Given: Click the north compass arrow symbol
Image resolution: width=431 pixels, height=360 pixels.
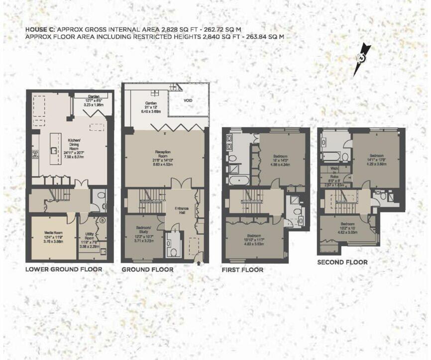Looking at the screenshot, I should coord(362,59).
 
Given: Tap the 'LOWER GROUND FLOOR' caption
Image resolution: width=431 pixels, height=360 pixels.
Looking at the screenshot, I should coord(64,270).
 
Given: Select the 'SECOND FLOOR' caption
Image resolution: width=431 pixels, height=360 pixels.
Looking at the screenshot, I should coord(342,262).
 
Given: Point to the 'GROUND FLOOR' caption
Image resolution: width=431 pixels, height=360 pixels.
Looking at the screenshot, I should coord(147,270).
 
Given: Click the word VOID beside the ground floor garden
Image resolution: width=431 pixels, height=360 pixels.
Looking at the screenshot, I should coord(188,100).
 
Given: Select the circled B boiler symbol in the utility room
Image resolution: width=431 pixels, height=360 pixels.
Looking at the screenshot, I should coord(102,220).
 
